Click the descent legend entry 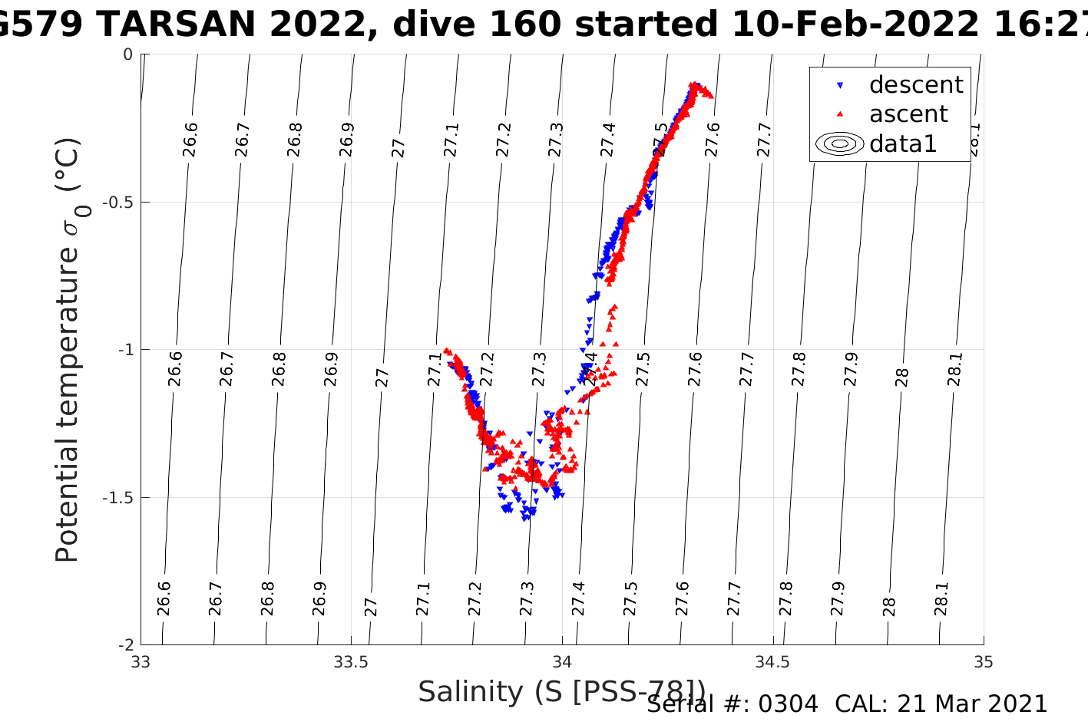[915, 84]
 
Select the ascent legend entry [908, 114]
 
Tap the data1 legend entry [903, 143]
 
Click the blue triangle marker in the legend [840, 85]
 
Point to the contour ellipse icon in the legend [840, 143]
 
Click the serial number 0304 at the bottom [788, 704]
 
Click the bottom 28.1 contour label [942, 598]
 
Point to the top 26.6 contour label [190, 139]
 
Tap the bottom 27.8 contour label [786, 598]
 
